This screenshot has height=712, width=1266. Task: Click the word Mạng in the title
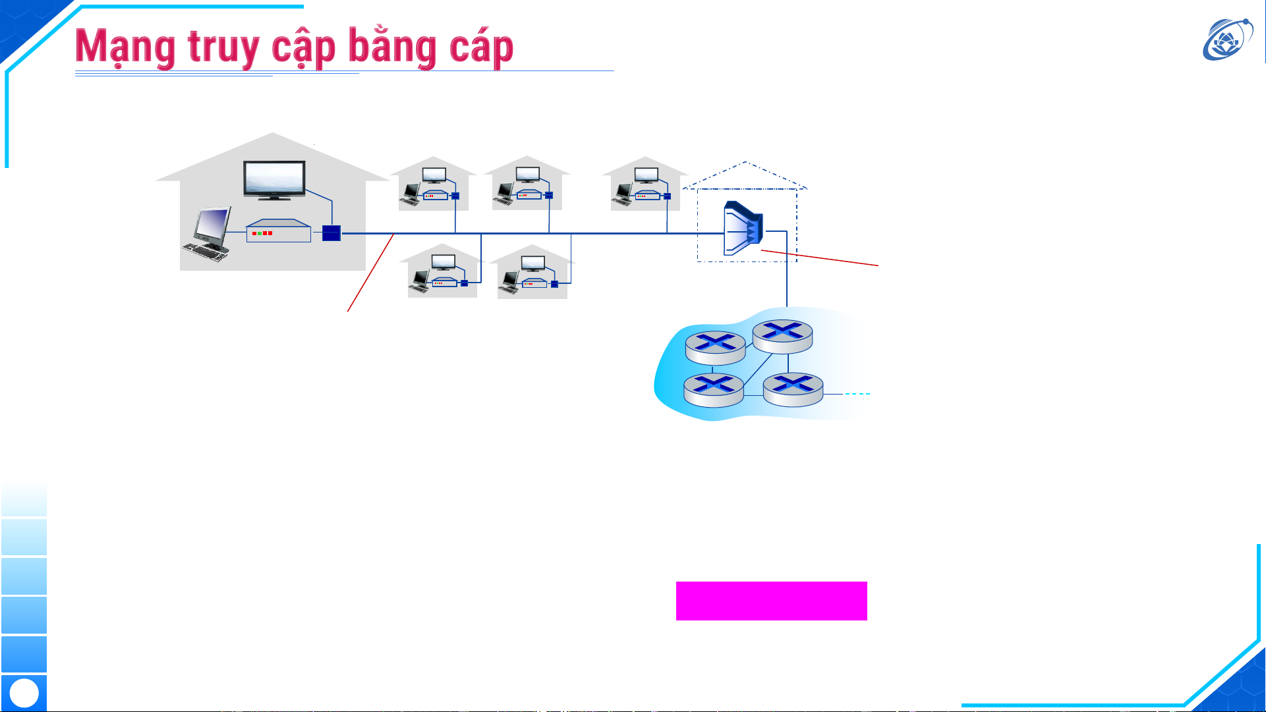tap(125, 47)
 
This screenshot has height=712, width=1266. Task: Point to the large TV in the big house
tap(274, 179)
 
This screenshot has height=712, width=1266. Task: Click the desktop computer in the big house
tap(208, 234)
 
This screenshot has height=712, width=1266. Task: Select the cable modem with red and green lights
tap(278, 231)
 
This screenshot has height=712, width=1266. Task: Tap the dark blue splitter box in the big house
tap(331, 233)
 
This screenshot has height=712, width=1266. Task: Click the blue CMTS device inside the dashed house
tap(743, 229)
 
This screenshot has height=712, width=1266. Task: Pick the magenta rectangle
tap(771, 601)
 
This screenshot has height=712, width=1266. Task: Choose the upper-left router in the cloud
tap(715, 348)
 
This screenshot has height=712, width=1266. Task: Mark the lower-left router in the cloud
tap(714, 389)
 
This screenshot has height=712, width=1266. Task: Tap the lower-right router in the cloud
tap(793, 389)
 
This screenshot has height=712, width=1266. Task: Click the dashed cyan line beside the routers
tap(857, 394)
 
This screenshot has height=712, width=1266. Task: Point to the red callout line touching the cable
tap(370, 273)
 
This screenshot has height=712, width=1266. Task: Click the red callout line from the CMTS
tap(820, 258)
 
